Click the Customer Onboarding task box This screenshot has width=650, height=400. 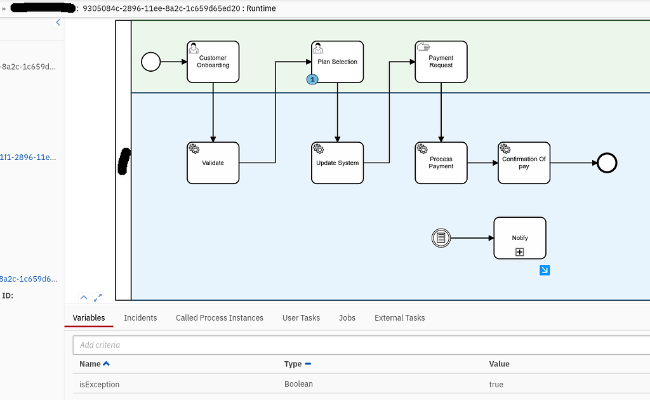(x=213, y=62)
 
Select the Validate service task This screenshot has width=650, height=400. (x=213, y=163)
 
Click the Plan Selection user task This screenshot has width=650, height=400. (x=337, y=62)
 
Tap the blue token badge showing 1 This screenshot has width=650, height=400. (x=312, y=79)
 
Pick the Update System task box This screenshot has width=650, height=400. (x=337, y=163)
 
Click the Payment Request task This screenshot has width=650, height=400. (x=441, y=62)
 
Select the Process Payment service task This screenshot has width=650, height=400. (x=441, y=163)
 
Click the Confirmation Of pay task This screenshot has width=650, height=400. (x=524, y=163)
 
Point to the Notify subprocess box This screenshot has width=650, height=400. (x=519, y=237)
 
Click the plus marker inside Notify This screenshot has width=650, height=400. (x=519, y=252)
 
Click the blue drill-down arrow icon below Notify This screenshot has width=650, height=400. (x=545, y=270)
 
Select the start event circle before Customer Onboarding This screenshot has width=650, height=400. (x=150, y=62)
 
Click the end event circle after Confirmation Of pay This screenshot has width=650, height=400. (x=607, y=163)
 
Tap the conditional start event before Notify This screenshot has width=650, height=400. (x=441, y=238)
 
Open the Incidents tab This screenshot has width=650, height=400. (x=140, y=317)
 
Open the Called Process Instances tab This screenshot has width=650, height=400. (x=219, y=317)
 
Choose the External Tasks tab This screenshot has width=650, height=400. (x=399, y=317)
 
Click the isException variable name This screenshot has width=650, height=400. (x=99, y=384)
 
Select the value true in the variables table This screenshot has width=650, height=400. (x=496, y=384)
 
